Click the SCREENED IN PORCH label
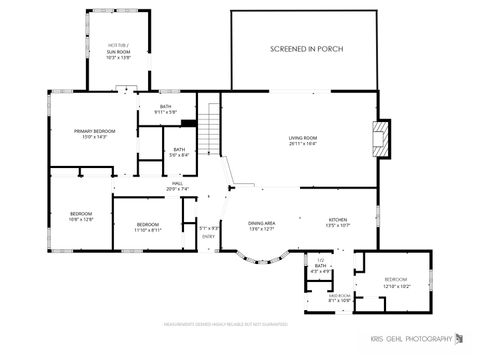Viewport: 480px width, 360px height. click(x=304, y=48)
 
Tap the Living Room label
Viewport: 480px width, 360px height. click(x=303, y=141)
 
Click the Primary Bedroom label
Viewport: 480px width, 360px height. click(x=96, y=134)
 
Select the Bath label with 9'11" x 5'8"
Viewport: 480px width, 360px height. click(x=165, y=110)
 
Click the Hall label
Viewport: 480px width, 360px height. click(x=176, y=186)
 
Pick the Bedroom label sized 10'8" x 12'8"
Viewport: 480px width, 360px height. click(x=81, y=216)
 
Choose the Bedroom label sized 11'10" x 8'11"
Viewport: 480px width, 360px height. click(x=148, y=226)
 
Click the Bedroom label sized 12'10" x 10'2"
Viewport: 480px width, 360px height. click(x=396, y=282)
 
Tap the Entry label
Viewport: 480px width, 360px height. click(x=208, y=236)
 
